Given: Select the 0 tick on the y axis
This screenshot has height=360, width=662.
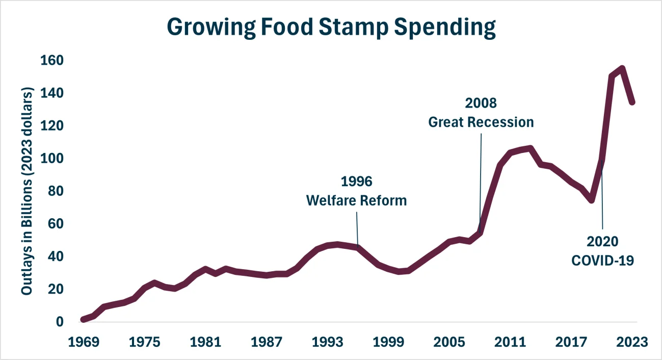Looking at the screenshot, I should tap(60, 322).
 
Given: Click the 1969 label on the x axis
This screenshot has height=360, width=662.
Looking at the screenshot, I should tap(83, 342).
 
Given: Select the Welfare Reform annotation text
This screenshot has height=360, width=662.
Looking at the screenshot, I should tap(356, 200).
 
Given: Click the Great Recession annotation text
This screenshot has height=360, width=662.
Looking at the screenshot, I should tap(481, 122).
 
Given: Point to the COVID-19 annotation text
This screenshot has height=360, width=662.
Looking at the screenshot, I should tap(602, 260).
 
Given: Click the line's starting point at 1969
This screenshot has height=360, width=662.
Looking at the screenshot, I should tap(83, 319).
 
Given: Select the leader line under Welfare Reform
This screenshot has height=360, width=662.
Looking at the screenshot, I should tap(357, 227).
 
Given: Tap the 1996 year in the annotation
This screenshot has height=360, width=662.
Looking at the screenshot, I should tap(356, 182).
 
